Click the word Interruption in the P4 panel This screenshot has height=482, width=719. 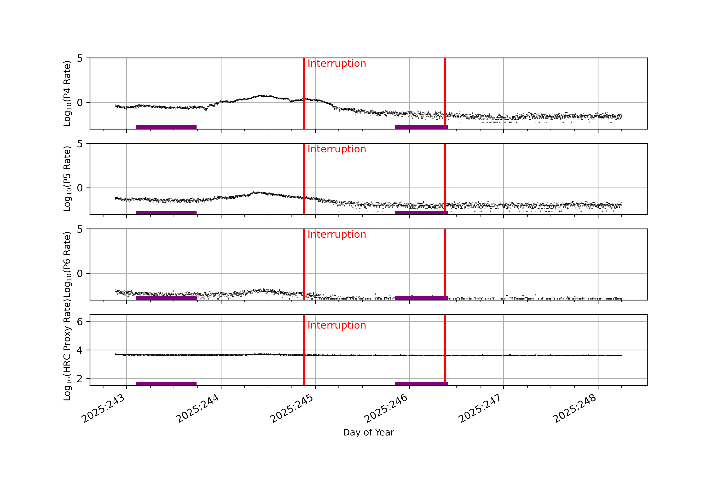pos(337,64)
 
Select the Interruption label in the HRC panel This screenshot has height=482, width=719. pos(337,325)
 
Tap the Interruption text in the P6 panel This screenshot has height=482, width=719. pos(337,235)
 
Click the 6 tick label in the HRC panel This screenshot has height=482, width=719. pos(80,322)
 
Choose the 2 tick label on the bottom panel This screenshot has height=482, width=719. pos(80,379)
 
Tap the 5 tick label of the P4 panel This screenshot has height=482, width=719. pos(80,58)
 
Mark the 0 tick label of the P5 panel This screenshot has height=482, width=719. pos(80,188)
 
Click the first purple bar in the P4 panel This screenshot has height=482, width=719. pos(166,127)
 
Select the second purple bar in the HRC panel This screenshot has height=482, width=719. pos(421,384)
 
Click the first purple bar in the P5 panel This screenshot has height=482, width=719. pos(166,213)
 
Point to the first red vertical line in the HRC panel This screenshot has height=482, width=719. pos(304,350)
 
